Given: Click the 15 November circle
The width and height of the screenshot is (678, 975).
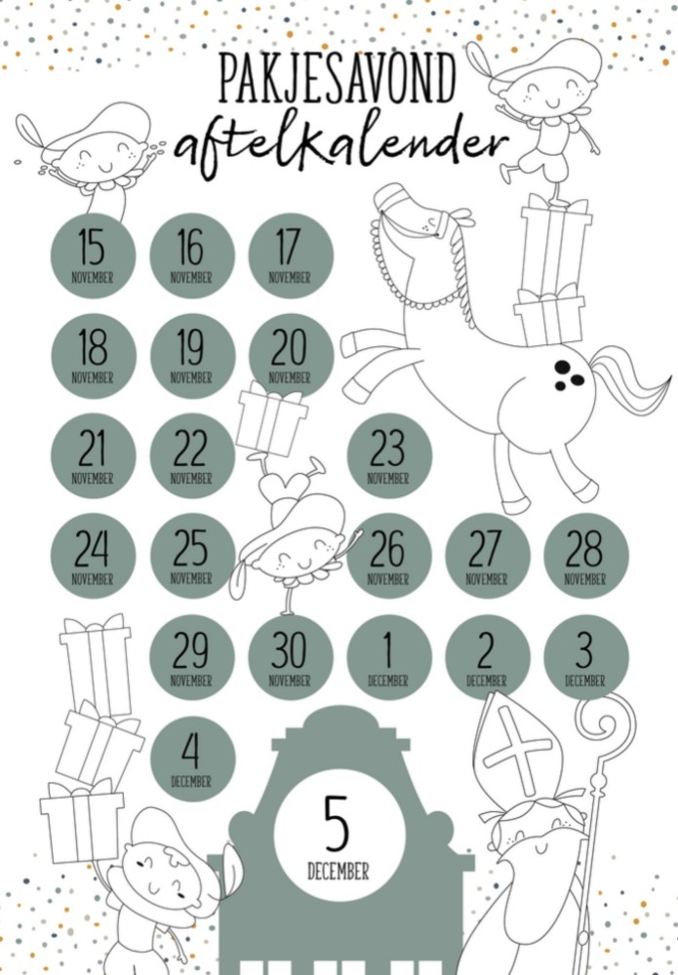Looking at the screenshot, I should click(x=92, y=255).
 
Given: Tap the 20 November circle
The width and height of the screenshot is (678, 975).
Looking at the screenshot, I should click(x=290, y=355).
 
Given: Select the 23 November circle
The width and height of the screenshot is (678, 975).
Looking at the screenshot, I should click(x=387, y=456).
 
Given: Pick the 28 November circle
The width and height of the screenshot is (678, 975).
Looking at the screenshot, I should click(x=584, y=556).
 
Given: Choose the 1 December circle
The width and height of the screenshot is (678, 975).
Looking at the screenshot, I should click(x=387, y=656).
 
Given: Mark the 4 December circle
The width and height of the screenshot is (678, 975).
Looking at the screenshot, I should click(x=191, y=758).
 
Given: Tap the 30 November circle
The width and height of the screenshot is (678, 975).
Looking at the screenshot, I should click(x=290, y=656).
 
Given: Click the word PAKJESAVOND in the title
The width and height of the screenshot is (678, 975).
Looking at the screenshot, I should click(x=338, y=81).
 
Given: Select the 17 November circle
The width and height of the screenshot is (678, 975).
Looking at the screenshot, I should click(x=290, y=255).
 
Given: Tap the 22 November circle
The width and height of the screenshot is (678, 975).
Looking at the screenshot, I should click(x=191, y=456).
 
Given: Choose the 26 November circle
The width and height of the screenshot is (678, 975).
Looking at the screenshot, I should click(x=387, y=556).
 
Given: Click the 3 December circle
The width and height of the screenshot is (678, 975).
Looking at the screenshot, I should click(x=584, y=656).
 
